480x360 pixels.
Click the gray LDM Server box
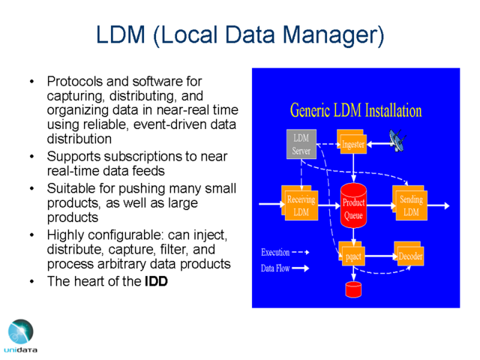tap(301, 144)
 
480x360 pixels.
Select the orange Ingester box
tap(352, 142)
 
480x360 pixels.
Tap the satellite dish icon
tap(397, 140)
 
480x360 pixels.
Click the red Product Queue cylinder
tap(353, 205)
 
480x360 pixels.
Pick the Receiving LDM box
tap(300, 202)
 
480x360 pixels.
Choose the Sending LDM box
tap(409, 202)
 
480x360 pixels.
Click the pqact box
tap(352, 253)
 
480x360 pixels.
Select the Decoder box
tap(409, 253)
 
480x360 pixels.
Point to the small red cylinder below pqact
tap(353, 289)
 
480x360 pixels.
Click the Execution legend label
tap(275, 252)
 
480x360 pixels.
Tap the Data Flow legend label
tap(275, 268)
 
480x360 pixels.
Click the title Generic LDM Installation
tap(355, 110)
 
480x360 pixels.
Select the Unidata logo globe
tap(21, 331)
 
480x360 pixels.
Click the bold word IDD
tap(156, 281)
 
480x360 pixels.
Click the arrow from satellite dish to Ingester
tap(378, 144)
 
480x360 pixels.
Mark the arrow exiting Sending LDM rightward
tap(438, 205)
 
